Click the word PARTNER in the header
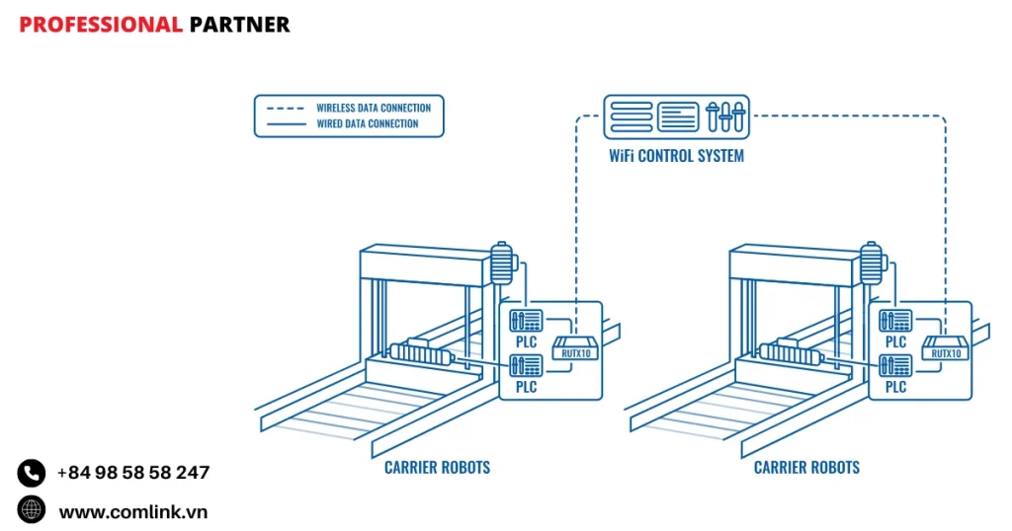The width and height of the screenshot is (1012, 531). point(239,25)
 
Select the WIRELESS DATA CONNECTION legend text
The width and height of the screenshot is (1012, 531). point(374,108)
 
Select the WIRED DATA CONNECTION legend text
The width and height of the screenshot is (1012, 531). point(367,124)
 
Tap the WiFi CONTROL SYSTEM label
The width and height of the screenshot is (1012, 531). point(677,156)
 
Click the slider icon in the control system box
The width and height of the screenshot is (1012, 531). point(724,116)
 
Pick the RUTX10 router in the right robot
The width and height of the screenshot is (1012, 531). point(944,348)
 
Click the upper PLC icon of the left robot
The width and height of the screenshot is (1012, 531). point(525,321)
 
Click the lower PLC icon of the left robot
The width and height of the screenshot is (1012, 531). point(525,365)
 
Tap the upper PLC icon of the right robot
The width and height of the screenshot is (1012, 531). point(895,321)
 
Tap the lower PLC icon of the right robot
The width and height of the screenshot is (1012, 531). point(895,365)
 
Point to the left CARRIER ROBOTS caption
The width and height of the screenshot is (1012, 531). point(437,468)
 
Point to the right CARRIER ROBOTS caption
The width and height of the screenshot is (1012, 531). point(806,468)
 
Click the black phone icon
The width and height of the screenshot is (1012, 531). point(32,473)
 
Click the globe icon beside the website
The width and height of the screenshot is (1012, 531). point(32,509)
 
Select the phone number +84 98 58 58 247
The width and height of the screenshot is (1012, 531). point(133,473)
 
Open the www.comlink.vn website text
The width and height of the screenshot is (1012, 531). point(133,512)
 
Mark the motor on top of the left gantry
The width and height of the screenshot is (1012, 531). point(503,261)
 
